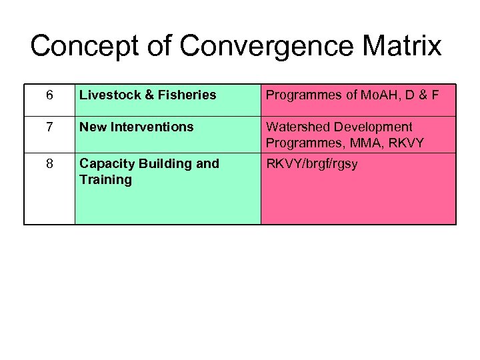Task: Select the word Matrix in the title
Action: click(x=405, y=47)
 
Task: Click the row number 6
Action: click(x=50, y=95)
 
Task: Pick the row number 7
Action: click(x=50, y=127)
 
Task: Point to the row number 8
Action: click(x=50, y=164)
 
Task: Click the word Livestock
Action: click(x=107, y=95)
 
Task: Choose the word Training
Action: click(x=105, y=180)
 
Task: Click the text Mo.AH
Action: click(x=377, y=95)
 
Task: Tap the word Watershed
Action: click(x=297, y=127)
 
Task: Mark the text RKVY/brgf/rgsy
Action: click(x=312, y=164)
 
